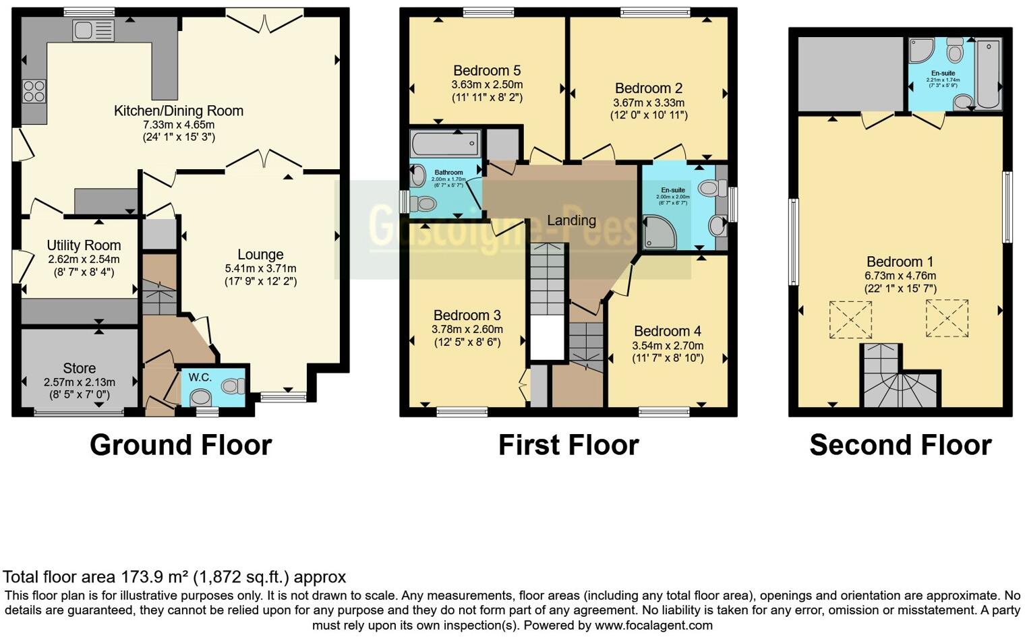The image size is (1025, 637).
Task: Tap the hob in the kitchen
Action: pos(34,91)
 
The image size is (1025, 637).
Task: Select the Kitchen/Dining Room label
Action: pos(179,111)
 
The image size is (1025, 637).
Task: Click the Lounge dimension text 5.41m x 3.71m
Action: pos(260,268)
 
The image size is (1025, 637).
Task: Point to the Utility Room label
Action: pos(84,245)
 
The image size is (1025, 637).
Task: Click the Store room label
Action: pos(79,368)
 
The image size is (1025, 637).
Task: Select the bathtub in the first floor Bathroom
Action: pos(445,144)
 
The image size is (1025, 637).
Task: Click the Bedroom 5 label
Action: pos(487,71)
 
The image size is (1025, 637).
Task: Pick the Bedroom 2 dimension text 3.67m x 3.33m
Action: pos(648,102)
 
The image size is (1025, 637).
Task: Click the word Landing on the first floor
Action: pos(571,220)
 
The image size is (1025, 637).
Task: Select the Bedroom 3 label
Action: pos(467,315)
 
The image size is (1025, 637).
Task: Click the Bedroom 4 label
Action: pos(667,331)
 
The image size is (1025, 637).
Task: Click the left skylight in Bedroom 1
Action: pos(850,320)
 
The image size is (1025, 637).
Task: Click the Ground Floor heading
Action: pos(181,446)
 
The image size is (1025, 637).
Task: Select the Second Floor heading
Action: pos(900,446)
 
